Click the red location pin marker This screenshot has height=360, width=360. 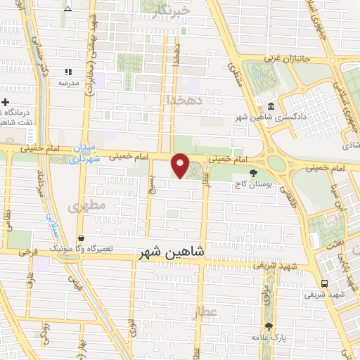tap(181, 165)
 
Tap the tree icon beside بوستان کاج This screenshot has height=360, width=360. tap(253, 173)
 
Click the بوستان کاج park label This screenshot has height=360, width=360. tap(253, 184)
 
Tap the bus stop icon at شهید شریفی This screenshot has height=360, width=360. tap(323, 283)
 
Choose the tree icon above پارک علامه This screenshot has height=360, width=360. tap(268, 326)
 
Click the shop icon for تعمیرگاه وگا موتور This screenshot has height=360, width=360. tap(82, 238)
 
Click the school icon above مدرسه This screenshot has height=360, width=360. tap(68, 72)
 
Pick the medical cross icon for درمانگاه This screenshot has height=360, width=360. tap(6, 102)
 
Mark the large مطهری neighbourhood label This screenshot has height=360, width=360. tap(87, 206)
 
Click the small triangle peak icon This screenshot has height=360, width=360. tap(67, 8)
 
